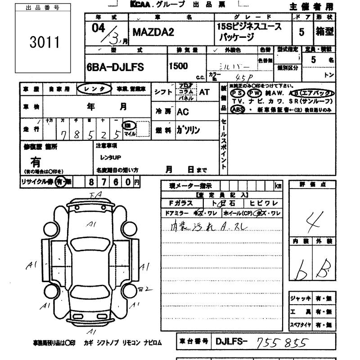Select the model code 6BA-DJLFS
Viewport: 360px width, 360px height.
pos(115,66)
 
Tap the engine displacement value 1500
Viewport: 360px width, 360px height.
pos(178,66)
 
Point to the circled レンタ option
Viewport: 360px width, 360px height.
pos(94,89)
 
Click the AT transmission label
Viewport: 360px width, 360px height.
pos(204,92)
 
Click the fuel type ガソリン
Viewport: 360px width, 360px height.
pos(188,130)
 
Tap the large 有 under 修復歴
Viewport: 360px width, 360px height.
pos(35,161)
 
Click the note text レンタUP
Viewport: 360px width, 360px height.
pos(110,157)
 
